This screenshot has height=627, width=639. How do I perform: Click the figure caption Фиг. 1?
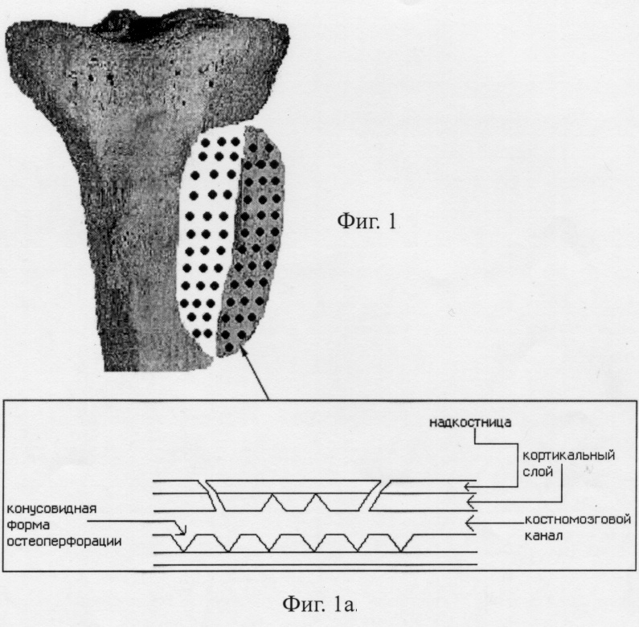coord(367,221)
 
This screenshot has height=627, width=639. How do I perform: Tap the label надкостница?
coord(470,422)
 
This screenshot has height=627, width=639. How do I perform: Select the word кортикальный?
coord(569,456)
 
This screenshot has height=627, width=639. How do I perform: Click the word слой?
coord(538,472)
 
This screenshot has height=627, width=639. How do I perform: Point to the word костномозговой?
coord(578,520)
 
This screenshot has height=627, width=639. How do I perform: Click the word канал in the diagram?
coord(543,535)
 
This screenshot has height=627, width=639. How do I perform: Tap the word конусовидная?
coord(51,509)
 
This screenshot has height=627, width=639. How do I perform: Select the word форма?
coord(28,525)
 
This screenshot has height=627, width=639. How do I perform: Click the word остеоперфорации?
coord(64,542)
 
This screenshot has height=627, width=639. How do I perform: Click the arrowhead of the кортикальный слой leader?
coord(469,502)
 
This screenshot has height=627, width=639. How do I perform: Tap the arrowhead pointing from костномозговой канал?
coord(469,522)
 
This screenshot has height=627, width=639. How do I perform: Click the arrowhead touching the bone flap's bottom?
coord(244,350)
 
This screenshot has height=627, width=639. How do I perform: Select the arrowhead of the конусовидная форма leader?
coord(183,531)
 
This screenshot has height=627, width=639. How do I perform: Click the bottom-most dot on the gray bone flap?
coord(229,347)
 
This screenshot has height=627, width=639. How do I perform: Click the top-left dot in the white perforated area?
coord(207,143)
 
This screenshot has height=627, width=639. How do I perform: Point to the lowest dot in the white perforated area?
coord(197,333)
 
